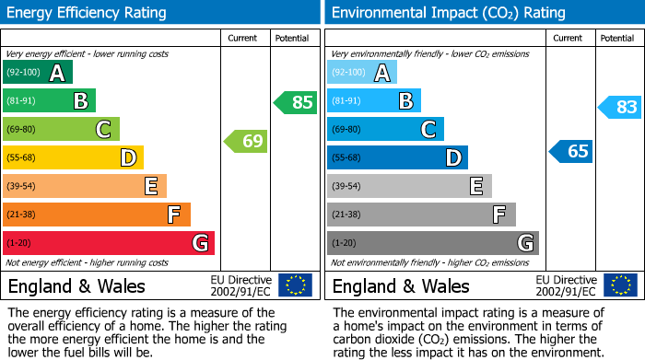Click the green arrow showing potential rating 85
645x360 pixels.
click(295, 102)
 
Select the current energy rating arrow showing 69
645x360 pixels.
click(246, 141)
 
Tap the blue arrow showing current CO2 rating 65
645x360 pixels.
click(571, 151)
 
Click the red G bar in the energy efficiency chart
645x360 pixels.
click(109, 243)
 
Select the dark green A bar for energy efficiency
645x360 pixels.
click(38, 73)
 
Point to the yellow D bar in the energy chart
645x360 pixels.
click(73, 158)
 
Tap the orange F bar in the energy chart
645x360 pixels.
click(97, 215)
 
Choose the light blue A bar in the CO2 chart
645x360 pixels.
click(362, 73)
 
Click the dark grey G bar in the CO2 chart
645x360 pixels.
click(432, 243)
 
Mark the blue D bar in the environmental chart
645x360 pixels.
click(397, 158)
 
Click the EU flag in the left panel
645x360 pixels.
click(295, 285)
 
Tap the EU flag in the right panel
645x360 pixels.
click(619, 285)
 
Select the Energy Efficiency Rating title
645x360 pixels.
click(88, 13)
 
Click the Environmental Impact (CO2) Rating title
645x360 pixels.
click(448, 13)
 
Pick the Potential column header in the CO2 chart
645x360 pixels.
click(617, 38)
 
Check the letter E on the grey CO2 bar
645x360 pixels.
click(476, 187)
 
